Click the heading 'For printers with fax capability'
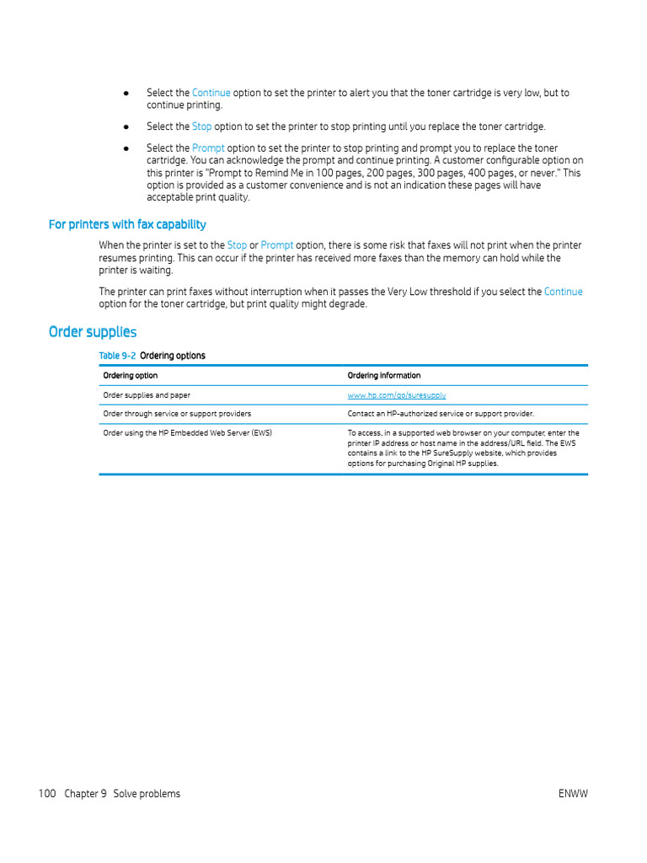point(127,224)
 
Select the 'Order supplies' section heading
point(93,332)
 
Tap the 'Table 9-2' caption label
point(117,356)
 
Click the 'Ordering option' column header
point(130,376)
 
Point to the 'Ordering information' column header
point(383,376)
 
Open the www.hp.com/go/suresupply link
point(397,395)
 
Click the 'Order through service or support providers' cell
point(177,414)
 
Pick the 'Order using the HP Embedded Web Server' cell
point(187,433)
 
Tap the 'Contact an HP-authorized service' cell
point(441,414)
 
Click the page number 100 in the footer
point(47,794)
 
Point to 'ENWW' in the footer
point(573,794)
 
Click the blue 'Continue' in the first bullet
point(211,93)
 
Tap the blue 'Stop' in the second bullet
point(202,126)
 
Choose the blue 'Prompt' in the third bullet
point(208,148)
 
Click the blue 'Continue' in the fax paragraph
point(563,292)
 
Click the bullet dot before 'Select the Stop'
point(126,126)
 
